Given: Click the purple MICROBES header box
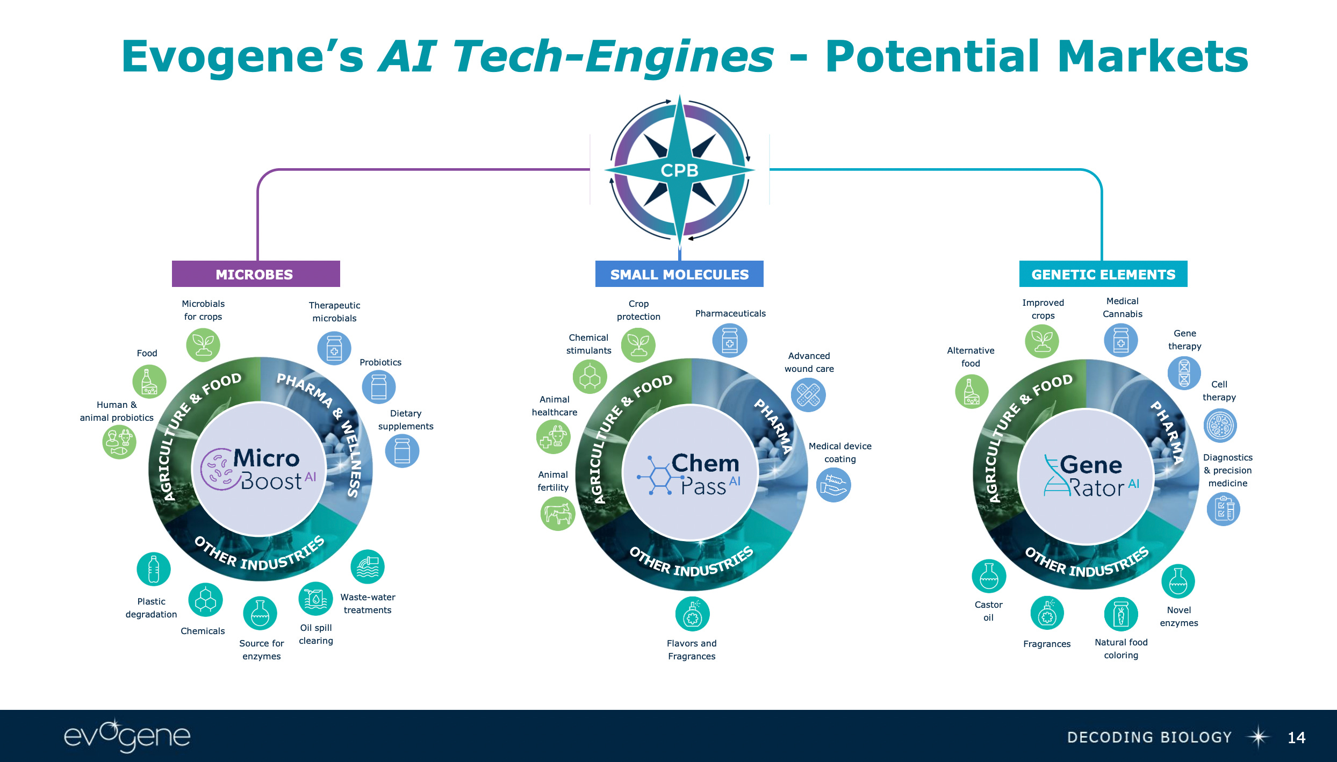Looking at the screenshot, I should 256,274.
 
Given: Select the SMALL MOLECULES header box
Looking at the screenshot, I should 679,274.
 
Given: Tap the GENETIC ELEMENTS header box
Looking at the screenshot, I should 1103,274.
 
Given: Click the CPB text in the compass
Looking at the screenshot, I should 679,170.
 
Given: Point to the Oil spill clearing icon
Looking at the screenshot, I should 315,599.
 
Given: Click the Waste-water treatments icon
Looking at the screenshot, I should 368,567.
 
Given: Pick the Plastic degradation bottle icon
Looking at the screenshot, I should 154,569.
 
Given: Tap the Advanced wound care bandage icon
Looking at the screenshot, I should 808,395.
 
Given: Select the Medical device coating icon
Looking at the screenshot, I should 833,485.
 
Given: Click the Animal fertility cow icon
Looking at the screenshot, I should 558,513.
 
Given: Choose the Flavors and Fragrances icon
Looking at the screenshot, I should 692,614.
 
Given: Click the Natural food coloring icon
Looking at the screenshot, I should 1121,614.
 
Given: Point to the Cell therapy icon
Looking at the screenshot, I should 1220,426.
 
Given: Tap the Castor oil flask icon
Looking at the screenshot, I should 989,576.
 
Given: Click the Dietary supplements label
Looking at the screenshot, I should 406,420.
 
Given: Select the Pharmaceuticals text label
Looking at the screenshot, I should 730,313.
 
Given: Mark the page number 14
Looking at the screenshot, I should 1296,737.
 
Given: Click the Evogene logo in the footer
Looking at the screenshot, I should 127,736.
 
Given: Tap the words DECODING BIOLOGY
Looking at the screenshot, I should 1149,737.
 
